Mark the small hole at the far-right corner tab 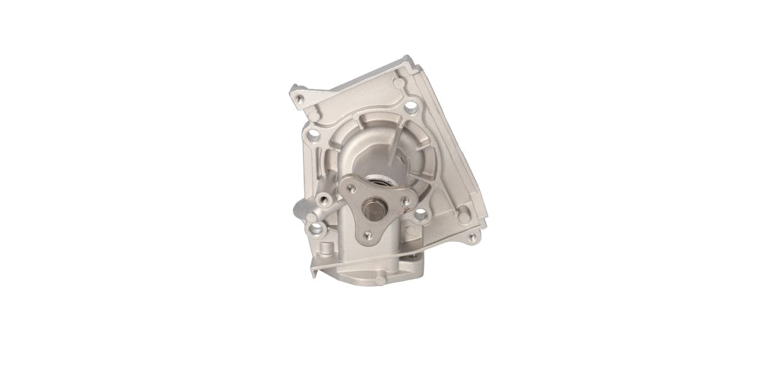point(471,238)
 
